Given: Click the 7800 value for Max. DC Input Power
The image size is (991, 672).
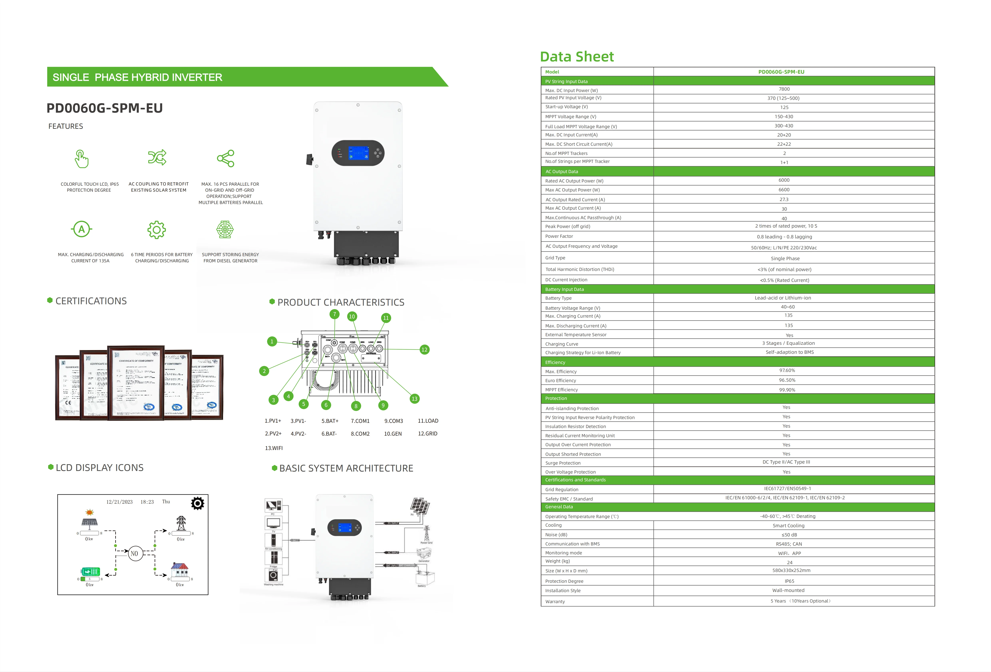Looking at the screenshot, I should click(784, 89).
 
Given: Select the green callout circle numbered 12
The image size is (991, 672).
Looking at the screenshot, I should click(424, 350).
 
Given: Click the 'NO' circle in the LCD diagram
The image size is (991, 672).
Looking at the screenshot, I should click(135, 554).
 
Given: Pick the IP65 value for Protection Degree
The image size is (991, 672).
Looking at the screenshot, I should click(789, 581).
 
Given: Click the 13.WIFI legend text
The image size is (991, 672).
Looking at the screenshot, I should click(274, 448).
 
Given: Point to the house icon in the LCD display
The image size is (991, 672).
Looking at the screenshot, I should click(180, 569).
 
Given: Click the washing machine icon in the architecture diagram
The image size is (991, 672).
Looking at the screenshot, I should click(273, 575).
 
